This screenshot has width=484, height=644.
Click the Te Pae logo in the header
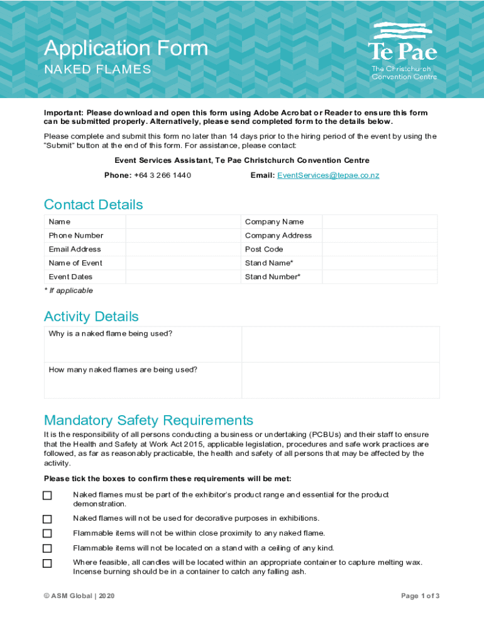[x=402, y=50]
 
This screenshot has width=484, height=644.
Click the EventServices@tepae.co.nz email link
[x=328, y=175]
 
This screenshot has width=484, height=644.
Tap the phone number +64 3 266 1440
[x=162, y=175]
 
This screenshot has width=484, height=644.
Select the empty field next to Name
[x=183, y=221]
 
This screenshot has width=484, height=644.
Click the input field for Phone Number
[x=183, y=235]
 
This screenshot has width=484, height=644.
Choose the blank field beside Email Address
[x=183, y=249]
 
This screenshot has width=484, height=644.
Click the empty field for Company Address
[x=380, y=235]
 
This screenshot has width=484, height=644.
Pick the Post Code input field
[x=380, y=249]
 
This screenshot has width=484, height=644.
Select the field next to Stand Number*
[x=380, y=277]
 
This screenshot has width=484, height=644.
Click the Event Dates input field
[x=183, y=277]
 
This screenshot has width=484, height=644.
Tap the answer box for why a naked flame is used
[x=340, y=344]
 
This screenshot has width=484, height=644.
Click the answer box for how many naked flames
[x=340, y=380]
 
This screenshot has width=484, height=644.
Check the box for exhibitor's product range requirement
[x=47, y=496]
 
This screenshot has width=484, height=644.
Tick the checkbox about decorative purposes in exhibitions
[x=47, y=519]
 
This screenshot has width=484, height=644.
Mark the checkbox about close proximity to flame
[x=47, y=533]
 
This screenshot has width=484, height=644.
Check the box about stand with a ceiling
[x=47, y=548]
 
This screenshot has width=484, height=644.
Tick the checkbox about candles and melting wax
[x=47, y=563]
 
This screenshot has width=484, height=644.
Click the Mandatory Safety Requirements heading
[x=148, y=420]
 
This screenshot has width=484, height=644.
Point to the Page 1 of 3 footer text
[x=420, y=596]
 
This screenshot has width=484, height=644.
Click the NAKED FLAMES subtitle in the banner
[x=97, y=69]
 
